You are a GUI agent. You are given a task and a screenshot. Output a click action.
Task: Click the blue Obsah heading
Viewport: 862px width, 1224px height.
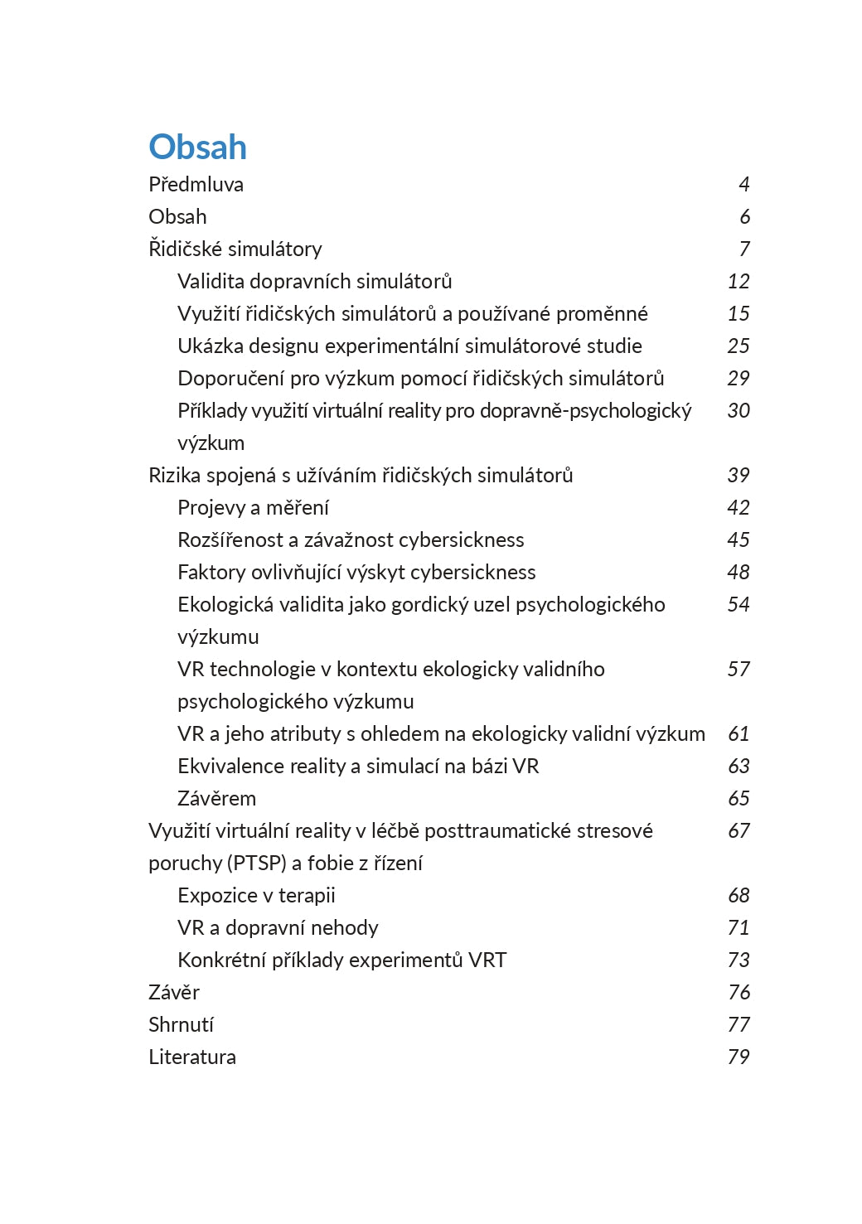[x=197, y=147]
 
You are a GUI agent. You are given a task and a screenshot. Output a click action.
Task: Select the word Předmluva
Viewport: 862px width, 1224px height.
[x=196, y=184]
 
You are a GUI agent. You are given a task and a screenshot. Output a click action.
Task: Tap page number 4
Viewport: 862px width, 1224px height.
[x=743, y=184]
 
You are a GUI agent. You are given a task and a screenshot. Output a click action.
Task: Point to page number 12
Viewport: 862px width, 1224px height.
[x=738, y=281]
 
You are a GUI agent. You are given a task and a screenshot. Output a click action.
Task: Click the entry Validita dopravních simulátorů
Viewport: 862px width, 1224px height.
[x=314, y=281]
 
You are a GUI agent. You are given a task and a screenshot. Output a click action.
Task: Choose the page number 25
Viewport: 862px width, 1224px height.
[x=738, y=346]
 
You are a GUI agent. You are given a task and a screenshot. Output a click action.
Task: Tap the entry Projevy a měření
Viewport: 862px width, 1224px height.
[x=253, y=507]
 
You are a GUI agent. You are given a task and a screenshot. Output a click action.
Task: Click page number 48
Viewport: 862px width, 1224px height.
[x=738, y=572]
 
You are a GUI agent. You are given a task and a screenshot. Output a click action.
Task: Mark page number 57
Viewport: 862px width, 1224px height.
[x=738, y=669]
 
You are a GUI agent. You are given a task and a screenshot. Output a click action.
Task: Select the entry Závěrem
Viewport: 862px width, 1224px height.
[x=216, y=798]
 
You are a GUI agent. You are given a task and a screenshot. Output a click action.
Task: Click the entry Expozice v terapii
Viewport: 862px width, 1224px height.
[x=256, y=895]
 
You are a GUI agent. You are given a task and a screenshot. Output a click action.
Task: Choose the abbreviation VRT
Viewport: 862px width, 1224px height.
[x=487, y=960]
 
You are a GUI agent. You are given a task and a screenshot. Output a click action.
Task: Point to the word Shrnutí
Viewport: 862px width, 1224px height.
[x=181, y=1024]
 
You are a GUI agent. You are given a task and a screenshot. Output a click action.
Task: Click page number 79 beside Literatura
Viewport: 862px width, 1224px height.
[x=738, y=1057]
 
